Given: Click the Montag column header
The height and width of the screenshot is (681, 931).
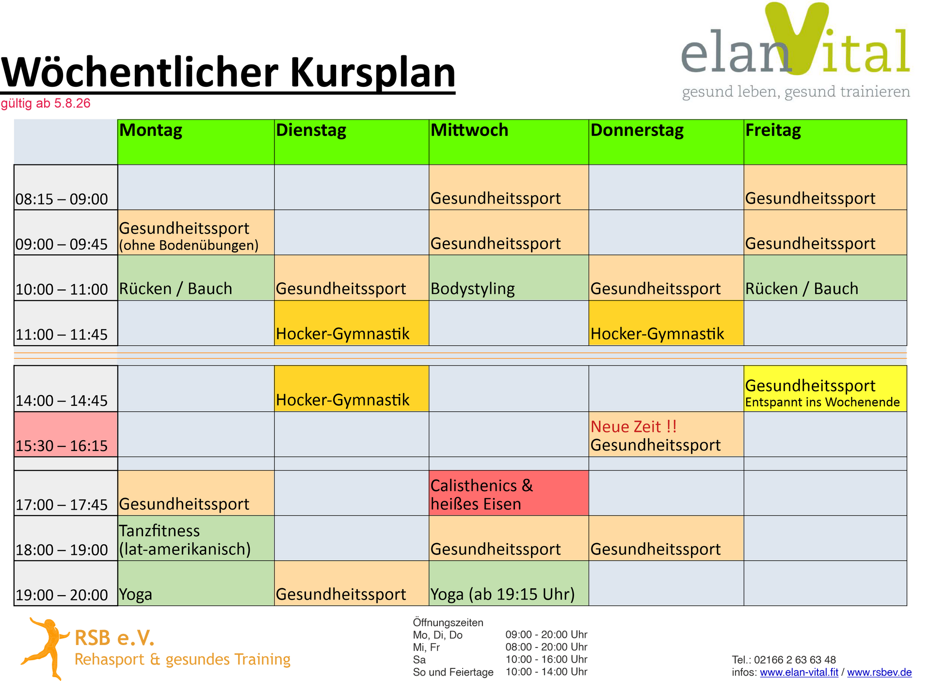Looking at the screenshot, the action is click(196, 142).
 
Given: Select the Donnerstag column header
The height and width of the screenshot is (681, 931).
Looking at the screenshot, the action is click(666, 142).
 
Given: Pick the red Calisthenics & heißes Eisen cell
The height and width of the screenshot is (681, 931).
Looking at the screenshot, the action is click(509, 493).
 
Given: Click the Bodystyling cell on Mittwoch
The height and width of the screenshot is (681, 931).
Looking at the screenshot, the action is click(509, 278).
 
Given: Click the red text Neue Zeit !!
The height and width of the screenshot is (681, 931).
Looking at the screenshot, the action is click(633, 427).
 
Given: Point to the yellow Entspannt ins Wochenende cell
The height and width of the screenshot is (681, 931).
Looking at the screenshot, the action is click(825, 389).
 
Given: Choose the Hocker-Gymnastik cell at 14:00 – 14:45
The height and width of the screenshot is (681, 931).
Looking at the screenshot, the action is click(352, 389).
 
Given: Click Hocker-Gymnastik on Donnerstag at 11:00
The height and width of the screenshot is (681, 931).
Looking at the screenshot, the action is click(666, 323).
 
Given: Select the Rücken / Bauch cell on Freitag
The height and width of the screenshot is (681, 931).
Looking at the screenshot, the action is click(825, 278).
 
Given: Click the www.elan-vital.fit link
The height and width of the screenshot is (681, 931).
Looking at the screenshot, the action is click(799, 672).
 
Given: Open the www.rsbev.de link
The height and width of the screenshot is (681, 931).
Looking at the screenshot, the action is click(879, 672).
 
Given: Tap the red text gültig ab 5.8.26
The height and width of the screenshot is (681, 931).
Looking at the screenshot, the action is click(46, 103).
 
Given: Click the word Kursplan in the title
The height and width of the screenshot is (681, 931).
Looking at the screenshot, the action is click(373, 73).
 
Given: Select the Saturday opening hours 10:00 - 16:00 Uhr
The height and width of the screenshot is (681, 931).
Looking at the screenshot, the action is click(546, 659).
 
